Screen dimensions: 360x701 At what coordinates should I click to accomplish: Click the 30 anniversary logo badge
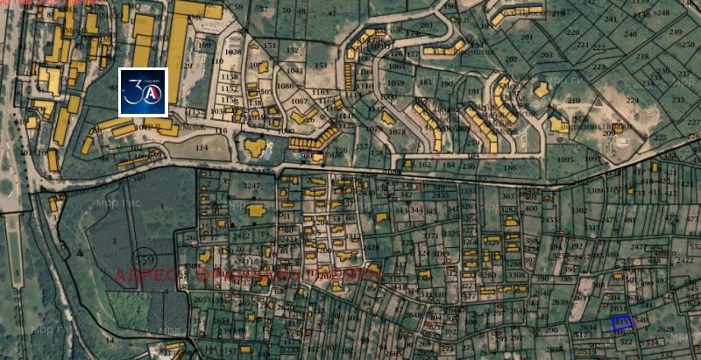click(143, 92)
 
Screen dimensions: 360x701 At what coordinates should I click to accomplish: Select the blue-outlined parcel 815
click(622, 323)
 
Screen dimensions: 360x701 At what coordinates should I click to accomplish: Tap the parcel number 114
click(202, 147)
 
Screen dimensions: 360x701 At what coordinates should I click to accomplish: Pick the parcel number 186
click(485, 164)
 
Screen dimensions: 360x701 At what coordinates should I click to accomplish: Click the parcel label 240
click(630, 35)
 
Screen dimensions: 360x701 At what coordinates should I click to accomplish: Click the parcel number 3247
click(252, 186)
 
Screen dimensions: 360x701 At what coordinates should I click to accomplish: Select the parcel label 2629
click(665, 328)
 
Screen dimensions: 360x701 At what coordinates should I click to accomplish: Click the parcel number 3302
click(578, 211)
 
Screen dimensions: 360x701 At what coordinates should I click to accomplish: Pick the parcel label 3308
click(516, 275)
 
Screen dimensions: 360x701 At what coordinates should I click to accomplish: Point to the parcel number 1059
click(397, 84)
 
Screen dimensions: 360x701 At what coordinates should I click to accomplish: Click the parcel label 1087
click(299, 102)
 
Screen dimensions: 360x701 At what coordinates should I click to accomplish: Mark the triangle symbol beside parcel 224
click(598, 101)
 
